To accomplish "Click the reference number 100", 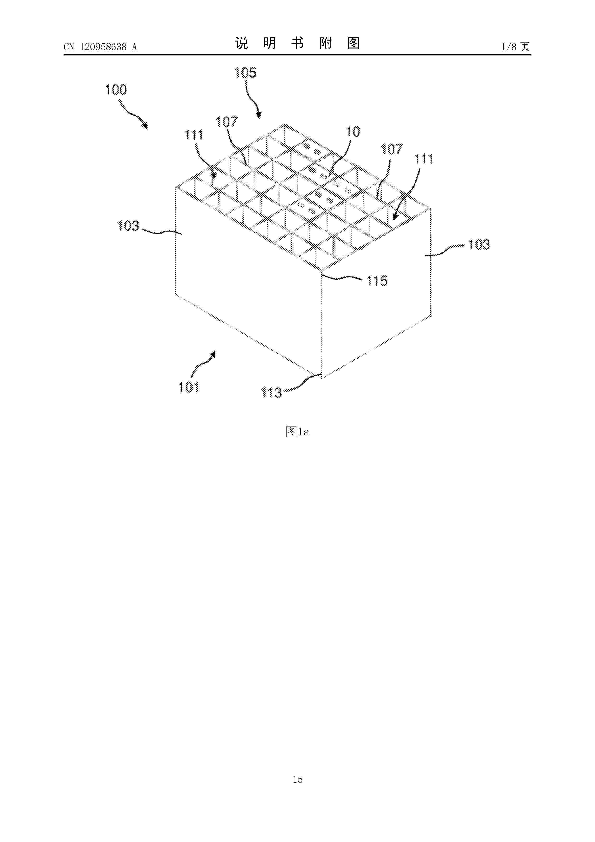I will (x=116, y=90).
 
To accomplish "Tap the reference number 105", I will (x=245, y=73).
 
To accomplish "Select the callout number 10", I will (x=353, y=132).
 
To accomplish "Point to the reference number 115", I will (x=377, y=281).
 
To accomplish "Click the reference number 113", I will (x=271, y=393).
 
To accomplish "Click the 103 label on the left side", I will (x=128, y=226).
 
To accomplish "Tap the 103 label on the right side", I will (x=479, y=245).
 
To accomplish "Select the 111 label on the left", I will (x=194, y=135).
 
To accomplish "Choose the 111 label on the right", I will (x=423, y=159).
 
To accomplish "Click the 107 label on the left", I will (x=226, y=122).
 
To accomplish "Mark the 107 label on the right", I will (x=392, y=149).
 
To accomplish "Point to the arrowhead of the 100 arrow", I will (x=146, y=126).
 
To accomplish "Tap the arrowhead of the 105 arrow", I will (x=259, y=116).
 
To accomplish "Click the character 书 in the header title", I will (x=297, y=43).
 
